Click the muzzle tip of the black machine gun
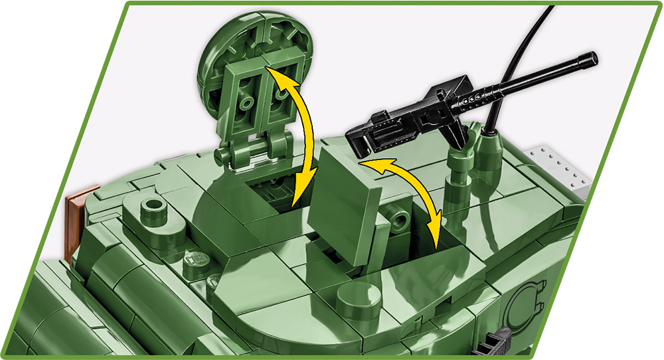(x=591, y=60)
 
